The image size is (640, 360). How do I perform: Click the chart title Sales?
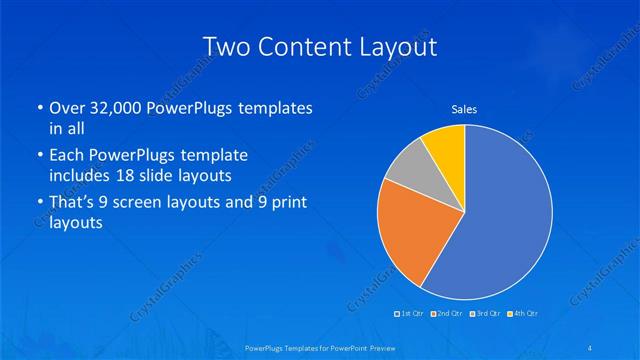(x=464, y=108)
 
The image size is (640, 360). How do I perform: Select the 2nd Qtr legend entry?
(x=448, y=314)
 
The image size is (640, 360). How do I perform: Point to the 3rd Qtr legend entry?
(x=486, y=314)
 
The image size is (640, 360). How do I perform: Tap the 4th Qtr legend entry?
(x=523, y=314)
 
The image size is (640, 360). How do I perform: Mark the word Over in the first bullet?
(x=65, y=107)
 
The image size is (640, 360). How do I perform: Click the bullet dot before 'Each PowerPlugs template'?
(x=39, y=155)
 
